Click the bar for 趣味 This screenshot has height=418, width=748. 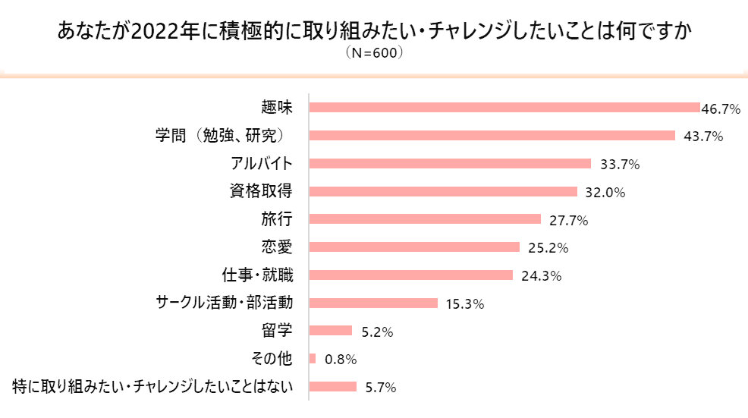point(504,108)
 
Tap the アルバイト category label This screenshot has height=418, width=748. point(261,164)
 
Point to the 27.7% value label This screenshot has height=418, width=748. point(568,221)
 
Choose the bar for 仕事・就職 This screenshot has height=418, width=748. point(411,275)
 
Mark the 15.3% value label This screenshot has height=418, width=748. point(464,304)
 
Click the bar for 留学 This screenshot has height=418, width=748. point(332,331)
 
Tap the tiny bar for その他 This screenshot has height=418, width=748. point(313,358)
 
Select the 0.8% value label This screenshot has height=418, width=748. point(341,360)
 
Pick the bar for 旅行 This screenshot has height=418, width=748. point(426,219)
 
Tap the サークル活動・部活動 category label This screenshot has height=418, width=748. point(224,303)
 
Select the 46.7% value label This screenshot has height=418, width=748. point(721,109)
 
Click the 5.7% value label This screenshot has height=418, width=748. point(380,388)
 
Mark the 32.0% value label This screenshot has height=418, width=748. point(605,193)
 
